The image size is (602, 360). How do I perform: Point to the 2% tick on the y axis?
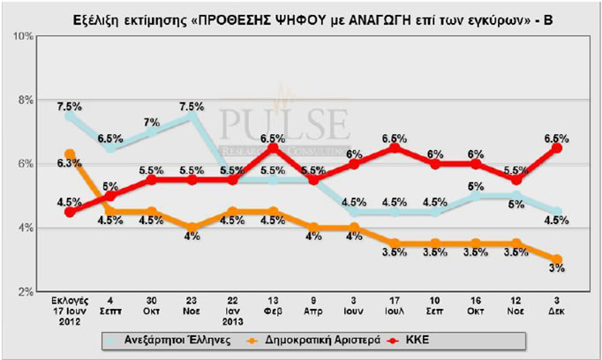23,291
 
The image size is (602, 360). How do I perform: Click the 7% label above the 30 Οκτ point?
152,122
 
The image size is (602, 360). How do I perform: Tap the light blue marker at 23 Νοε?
192,116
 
